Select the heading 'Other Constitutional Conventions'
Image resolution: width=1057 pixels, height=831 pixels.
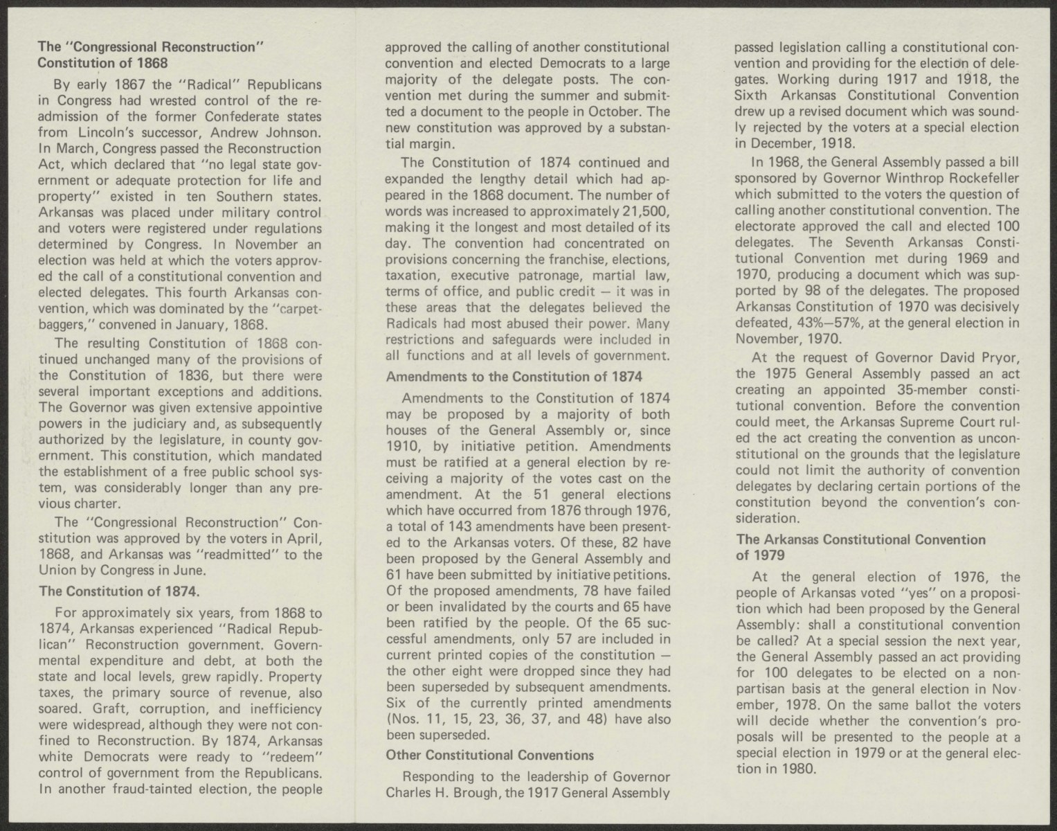tap(489, 755)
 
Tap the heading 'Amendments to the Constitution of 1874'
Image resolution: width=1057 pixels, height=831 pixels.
tap(514, 377)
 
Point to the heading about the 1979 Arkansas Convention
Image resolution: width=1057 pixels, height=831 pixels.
tap(860, 546)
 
